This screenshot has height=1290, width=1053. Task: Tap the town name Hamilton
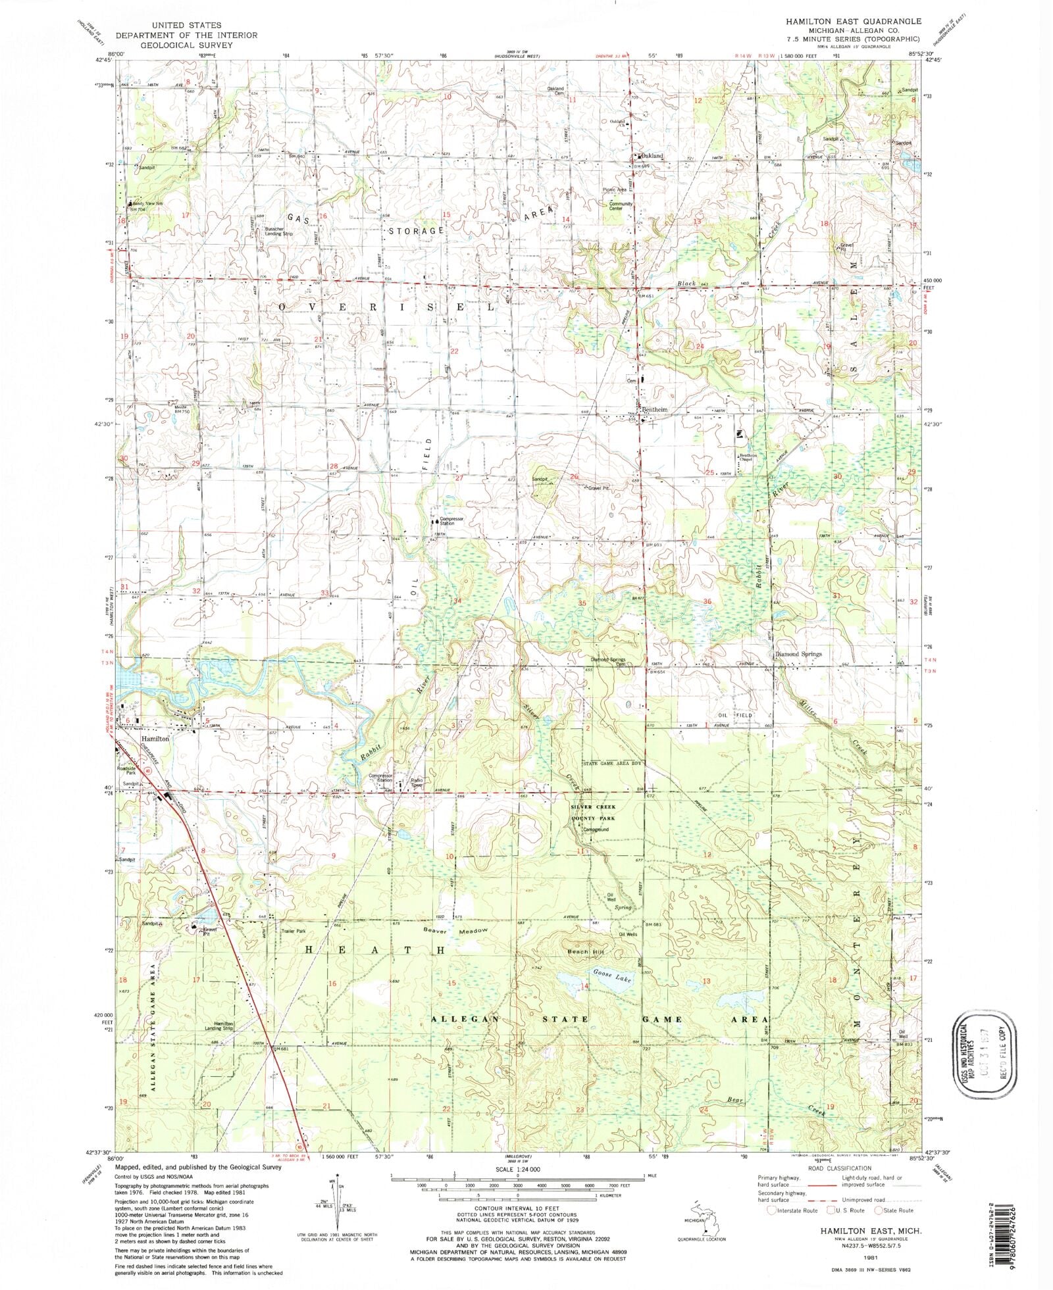click(155, 739)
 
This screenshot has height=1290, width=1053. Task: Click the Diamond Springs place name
click(798, 654)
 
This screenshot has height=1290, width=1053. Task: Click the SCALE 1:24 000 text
click(523, 1169)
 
